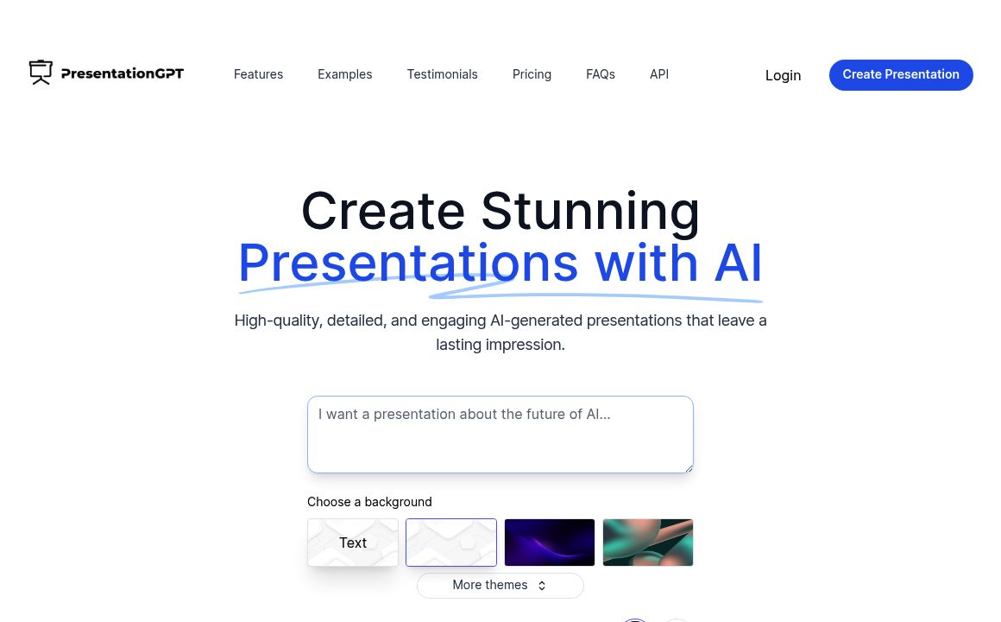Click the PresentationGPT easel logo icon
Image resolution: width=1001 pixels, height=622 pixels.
(x=41, y=73)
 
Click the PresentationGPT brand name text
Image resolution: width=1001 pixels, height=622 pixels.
(x=123, y=73)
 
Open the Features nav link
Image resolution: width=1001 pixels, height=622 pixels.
(x=258, y=74)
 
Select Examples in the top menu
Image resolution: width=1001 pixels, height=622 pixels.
(x=344, y=74)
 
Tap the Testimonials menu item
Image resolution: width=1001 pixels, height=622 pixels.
(x=442, y=74)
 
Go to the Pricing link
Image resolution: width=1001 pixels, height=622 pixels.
(x=532, y=74)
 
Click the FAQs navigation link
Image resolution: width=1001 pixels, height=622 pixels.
(x=600, y=74)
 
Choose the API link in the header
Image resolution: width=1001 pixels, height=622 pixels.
(x=658, y=74)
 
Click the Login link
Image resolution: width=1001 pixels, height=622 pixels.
(x=783, y=75)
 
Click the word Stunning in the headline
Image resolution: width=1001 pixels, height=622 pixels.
(x=590, y=211)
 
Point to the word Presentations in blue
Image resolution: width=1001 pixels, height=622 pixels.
(x=407, y=263)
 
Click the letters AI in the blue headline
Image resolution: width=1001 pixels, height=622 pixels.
(x=739, y=263)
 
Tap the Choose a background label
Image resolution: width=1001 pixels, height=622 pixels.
(x=369, y=502)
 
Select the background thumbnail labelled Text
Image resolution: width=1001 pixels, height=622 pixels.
(x=352, y=543)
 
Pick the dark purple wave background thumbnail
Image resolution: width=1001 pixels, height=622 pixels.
(x=549, y=543)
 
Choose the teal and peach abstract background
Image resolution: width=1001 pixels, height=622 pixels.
(x=647, y=543)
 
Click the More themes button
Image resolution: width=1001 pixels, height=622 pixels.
(x=500, y=585)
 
